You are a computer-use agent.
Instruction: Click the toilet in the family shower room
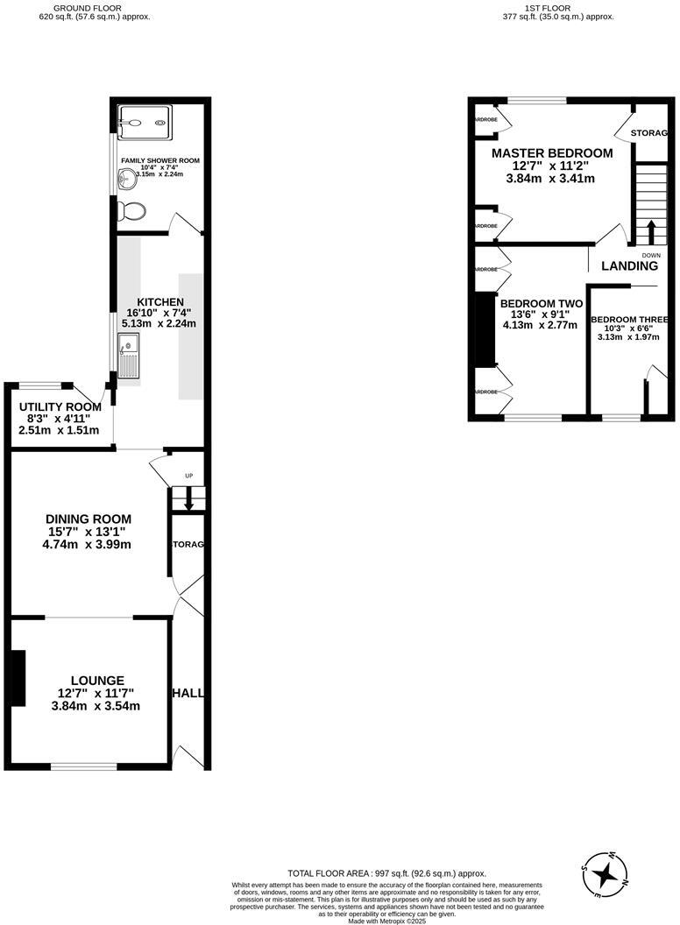[x=134, y=211]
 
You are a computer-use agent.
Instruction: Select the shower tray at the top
[x=145, y=124]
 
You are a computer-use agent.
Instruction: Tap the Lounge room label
[x=97, y=680]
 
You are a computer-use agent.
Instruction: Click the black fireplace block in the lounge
[x=16, y=678]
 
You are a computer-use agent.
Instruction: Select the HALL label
[x=188, y=693]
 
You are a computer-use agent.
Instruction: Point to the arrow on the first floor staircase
[x=650, y=234]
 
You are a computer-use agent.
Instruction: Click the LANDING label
[x=629, y=266]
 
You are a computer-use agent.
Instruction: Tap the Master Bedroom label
[x=551, y=153]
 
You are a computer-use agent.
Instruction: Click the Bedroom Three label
[x=629, y=320]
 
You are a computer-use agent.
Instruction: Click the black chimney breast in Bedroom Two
[x=483, y=328]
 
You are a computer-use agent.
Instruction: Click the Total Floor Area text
[x=386, y=873]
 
